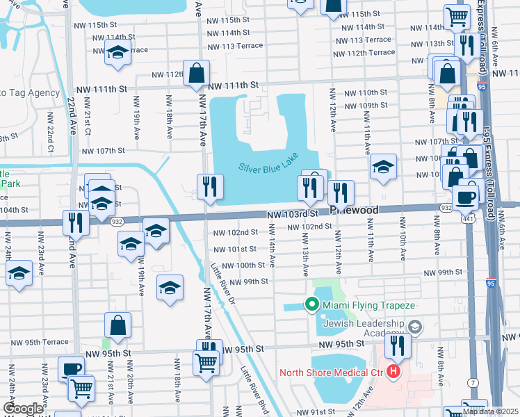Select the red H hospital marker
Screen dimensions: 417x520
click(x=394, y=371)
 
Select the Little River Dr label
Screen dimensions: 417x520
click(x=223, y=282)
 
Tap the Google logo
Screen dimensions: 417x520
click(x=22, y=409)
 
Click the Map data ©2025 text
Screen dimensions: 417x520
click(x=490, y=411)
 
